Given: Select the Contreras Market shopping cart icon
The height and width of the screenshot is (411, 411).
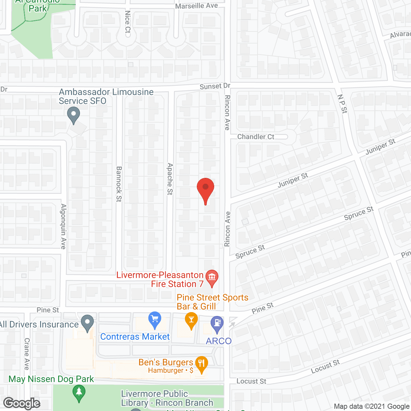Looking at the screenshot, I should (x=155, y=320).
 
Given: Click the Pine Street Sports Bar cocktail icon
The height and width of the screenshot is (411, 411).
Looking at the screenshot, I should (x=191, y=320).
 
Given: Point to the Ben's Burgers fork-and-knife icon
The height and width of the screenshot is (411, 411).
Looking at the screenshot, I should (x=201, y=364).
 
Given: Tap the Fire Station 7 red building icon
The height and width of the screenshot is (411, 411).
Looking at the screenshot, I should (x=212, y=278).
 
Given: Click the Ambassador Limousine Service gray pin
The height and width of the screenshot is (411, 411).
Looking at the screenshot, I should (x=74, y=115).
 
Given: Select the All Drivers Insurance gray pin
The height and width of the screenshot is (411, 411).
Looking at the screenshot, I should (x=87, y=323).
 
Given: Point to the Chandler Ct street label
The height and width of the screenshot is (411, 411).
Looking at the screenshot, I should (x=256, y=137).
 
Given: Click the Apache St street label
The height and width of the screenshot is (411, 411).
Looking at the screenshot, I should (x=170, y=179).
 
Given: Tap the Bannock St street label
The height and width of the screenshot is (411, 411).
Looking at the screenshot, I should (x=119, y=184).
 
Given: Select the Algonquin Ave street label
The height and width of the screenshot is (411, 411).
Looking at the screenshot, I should (x=64, y=226).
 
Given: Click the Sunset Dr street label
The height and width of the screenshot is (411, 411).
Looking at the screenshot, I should (x=215, y=86).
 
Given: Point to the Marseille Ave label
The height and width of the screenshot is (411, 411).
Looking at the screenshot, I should (x=197, y=6).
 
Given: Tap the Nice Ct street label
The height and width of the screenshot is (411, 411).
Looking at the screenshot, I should (x=127, y=22).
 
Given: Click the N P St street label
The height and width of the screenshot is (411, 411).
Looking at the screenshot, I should (x=342, y=104).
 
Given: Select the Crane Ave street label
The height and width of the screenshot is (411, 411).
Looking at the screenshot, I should (x=27, y=354).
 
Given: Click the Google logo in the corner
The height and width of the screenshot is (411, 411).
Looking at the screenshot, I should (x=22, y=403).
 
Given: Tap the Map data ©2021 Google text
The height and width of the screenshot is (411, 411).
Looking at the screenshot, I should (x=372, y=407).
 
